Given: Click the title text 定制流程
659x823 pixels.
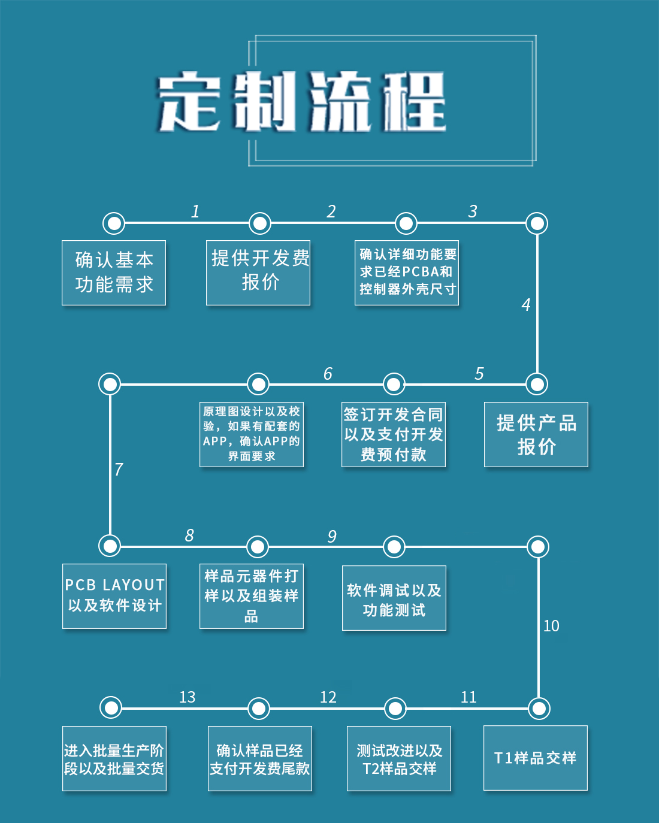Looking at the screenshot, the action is (302, 102).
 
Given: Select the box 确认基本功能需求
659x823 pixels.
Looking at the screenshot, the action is (114, 273).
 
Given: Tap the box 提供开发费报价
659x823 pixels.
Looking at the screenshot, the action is (258, 273).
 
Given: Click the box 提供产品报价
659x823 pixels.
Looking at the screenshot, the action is (536, 434).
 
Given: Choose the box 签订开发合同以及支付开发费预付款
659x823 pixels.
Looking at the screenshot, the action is (394, 434).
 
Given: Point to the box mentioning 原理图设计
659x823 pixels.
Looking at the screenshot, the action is (252, 434).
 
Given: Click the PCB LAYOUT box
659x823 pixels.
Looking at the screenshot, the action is (114, 596).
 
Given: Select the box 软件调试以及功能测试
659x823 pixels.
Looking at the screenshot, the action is (394, 598).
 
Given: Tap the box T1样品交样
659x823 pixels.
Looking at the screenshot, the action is (536, 758).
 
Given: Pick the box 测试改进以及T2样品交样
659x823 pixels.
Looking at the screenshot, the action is (399, 759).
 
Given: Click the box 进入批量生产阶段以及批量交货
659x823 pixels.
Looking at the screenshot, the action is (114, 759).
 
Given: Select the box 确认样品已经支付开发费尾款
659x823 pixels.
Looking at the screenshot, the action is (260, 759).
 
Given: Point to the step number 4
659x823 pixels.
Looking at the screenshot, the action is (526, 305).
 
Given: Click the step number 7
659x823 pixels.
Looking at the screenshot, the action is (119, 469).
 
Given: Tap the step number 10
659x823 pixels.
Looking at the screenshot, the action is (551, 626).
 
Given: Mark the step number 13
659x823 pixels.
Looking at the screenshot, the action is (188, 697).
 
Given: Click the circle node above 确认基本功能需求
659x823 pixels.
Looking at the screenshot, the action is (114, 223).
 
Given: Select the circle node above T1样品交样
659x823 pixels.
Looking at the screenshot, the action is (539, 708).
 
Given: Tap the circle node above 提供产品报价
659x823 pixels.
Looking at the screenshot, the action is (537, 384).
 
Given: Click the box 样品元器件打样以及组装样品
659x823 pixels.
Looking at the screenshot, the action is (252, 596).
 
